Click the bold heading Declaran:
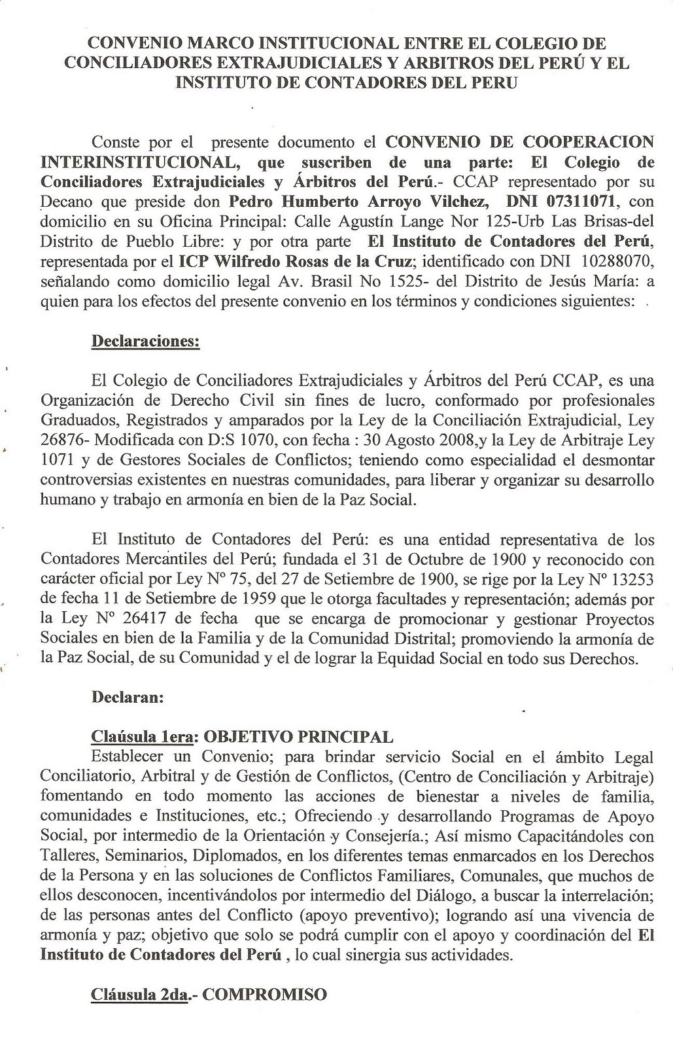[x=127, y=697]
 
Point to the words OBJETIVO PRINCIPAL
[x=299, y=737]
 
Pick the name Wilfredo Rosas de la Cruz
[x=295, y=262]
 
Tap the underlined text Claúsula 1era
[x=142, y=737]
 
